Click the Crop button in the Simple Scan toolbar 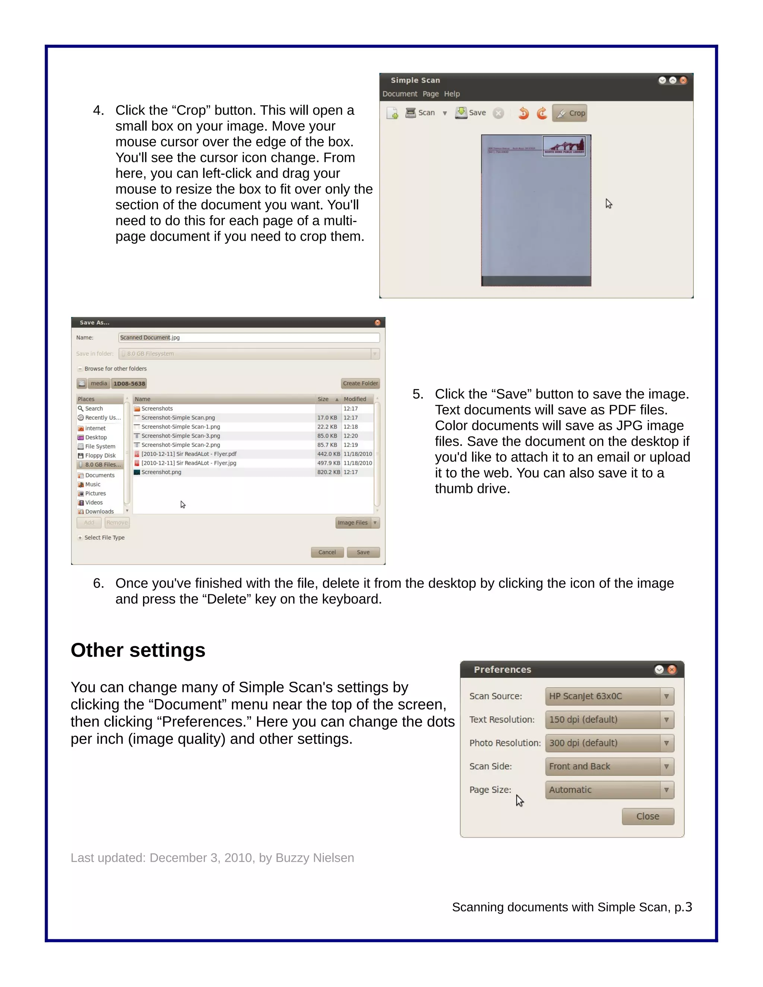tap(570, 113)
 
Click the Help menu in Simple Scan tap(452, 94)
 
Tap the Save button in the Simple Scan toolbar tap(471, 112)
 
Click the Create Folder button tap(360, 383)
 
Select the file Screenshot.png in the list tap(161, 472)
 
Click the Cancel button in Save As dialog tap(327, 552)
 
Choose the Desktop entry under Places tap(96, 438)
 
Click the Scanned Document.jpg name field tap(248, 337)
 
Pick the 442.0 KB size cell tap(328, 454)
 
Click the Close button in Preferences tap(647, 816)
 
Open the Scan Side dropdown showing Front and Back tap(609, 767)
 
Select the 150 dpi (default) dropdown tap(609, 720)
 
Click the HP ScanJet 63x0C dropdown tap(609, 696)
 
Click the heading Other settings tap(138, 650)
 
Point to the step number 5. tap(418, 394)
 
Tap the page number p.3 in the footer tap(683, 907)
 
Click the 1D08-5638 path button tap(129, 384)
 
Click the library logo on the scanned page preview tap(564, 146)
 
